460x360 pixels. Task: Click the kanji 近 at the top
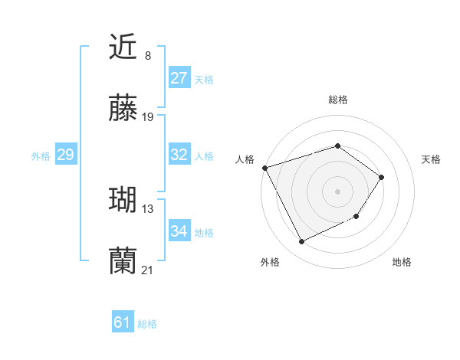[x=123, y=47]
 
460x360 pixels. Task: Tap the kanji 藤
[x=123, y=110]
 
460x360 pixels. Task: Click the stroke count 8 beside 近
[x=147, y=56]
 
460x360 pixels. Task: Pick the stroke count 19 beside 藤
[x=148, y=117]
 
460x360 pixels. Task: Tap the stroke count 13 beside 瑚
[x=148, y=208]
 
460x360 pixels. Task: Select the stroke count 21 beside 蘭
[x=148, y=270]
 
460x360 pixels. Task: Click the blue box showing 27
[x=179, y=78]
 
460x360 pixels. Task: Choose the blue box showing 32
[x=179, y=155]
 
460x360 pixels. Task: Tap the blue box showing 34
[x=179, y=231]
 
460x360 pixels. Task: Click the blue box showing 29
[x=65, y=155]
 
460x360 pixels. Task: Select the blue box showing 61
[x=123, y=322]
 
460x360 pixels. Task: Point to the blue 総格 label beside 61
[x=147, y=324]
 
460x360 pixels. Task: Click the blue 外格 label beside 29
[x=41, y=156]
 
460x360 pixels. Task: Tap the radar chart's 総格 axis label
[x=337, y=100]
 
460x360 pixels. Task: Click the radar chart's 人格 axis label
[x=245, y=159]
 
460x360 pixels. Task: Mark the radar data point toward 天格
[x=382, y=177]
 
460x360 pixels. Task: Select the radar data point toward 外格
[x=301, y=242]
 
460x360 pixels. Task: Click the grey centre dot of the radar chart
[x=337, y=191]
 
